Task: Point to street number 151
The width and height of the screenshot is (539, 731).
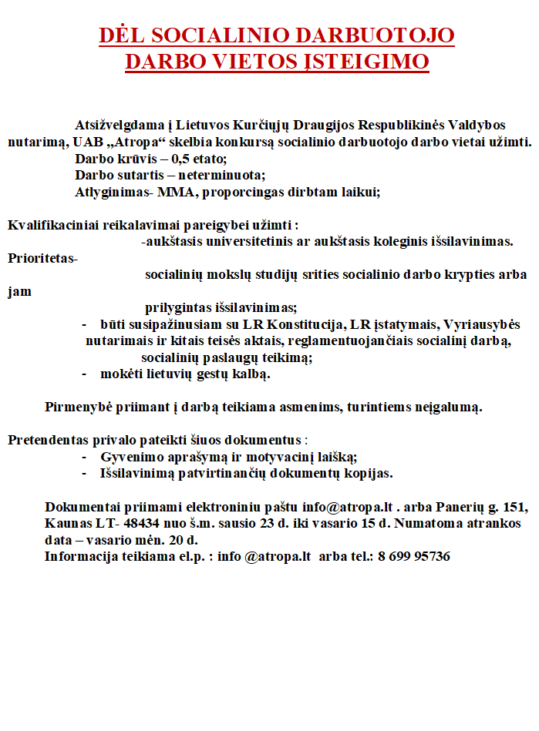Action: (514, 507)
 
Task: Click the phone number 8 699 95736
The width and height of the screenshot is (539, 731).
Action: (413, 556)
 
